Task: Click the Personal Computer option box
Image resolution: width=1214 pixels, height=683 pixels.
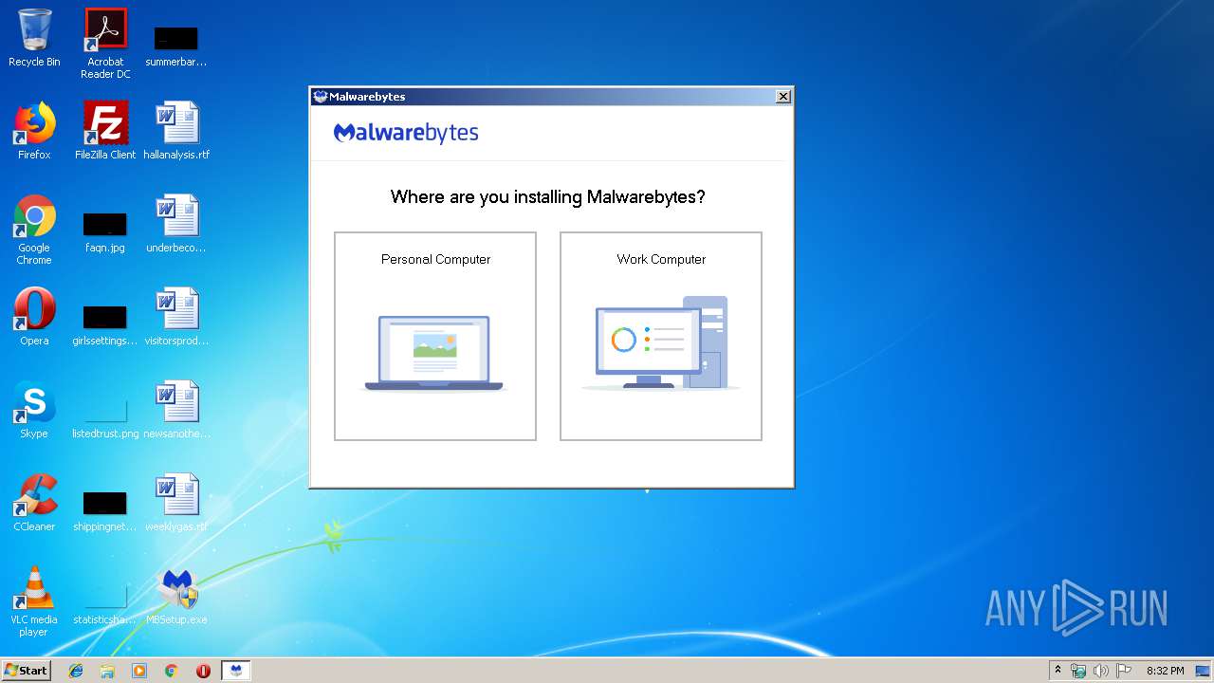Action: click(435, 336)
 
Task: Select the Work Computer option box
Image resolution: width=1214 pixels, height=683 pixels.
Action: click(661, 336)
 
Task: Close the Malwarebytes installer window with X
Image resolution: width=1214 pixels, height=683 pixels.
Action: click(782, 97)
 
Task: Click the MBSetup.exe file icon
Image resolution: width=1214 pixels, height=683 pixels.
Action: click(177, 591)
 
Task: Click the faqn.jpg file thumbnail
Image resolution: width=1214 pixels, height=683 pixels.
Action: click(105, 225)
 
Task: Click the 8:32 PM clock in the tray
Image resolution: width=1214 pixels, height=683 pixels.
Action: click(1165, 671)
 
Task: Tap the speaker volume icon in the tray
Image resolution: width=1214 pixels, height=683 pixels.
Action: click(1100, 671)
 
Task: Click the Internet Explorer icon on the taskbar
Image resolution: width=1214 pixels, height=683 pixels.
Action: click(76, 671)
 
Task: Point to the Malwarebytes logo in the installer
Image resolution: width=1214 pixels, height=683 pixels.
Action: click(406, 133)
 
